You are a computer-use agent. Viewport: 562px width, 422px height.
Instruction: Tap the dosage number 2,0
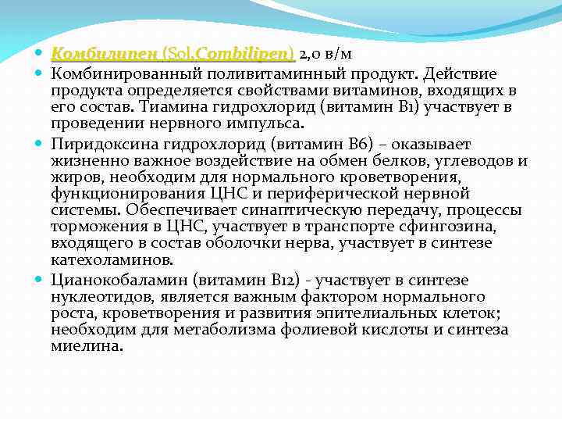click(311, 54)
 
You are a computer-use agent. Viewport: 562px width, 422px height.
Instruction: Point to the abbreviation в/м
click(340, 54)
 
